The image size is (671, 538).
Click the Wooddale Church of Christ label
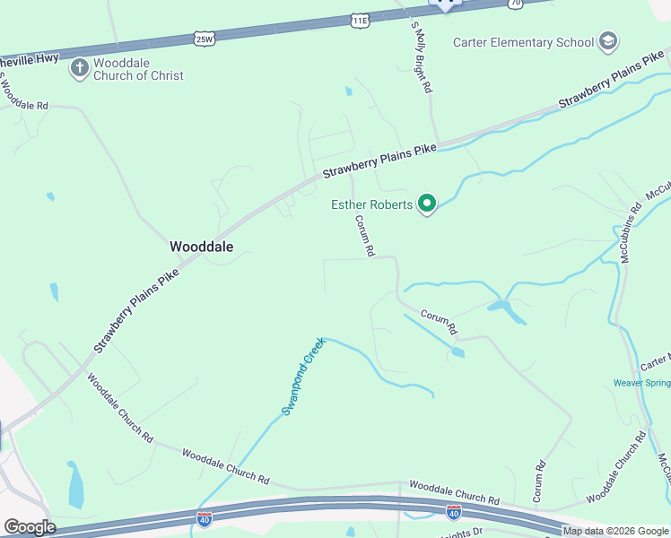pos(139,69)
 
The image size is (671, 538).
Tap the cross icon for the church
pos(79,66)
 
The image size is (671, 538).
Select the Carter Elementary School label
pos(524,42)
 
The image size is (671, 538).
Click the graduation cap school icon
pos(608,41)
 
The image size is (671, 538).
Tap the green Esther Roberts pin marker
pos(428,205)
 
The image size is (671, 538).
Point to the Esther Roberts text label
pos(372,205)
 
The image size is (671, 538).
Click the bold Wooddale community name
pos(202,247)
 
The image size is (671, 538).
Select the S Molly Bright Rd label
pos(423,57)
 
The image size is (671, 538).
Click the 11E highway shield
pos(359,20)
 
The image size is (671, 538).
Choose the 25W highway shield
pos(205,39)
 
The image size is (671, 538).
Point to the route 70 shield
pos(515,4)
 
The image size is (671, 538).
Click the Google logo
pos(30,527)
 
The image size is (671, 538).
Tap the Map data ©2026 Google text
pos(615,531)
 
